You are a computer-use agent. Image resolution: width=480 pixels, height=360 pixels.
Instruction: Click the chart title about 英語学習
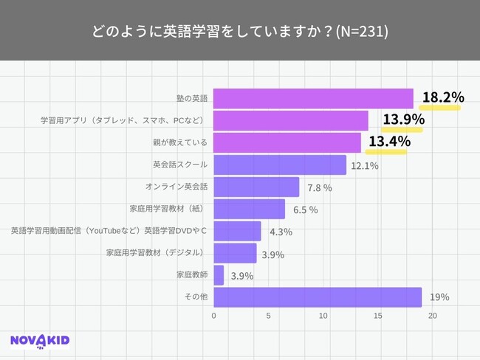[240, 32]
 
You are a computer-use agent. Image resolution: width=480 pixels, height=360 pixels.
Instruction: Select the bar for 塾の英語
[313, 99]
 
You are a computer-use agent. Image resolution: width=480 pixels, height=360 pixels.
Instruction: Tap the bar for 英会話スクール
[280, 165]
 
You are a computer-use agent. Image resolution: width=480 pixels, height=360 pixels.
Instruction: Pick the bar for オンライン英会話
[256, 187]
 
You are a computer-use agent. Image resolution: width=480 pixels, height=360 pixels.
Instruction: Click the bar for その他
[318, 297]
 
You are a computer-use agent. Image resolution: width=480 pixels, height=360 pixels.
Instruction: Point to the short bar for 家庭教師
[219, 275]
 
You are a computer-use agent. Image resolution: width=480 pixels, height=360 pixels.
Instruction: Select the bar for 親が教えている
[287, 142]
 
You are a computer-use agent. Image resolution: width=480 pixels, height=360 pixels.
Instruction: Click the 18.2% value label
[442, 97]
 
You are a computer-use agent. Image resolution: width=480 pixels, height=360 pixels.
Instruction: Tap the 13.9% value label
[402, 120]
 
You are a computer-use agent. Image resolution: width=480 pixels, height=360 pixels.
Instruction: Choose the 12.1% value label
[365, 165]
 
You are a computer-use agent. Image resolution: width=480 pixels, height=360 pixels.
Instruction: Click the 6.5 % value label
[305, 210]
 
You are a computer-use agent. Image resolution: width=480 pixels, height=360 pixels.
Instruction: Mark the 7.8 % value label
[319, 187]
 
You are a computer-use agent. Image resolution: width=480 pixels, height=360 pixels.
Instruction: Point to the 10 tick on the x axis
[323, 316]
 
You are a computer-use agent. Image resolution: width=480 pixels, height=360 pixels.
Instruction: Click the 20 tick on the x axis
[433, 316]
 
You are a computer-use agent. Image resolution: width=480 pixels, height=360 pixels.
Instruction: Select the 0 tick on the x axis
[214, 316]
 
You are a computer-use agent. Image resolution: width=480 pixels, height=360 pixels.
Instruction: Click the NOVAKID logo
[41, 340]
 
